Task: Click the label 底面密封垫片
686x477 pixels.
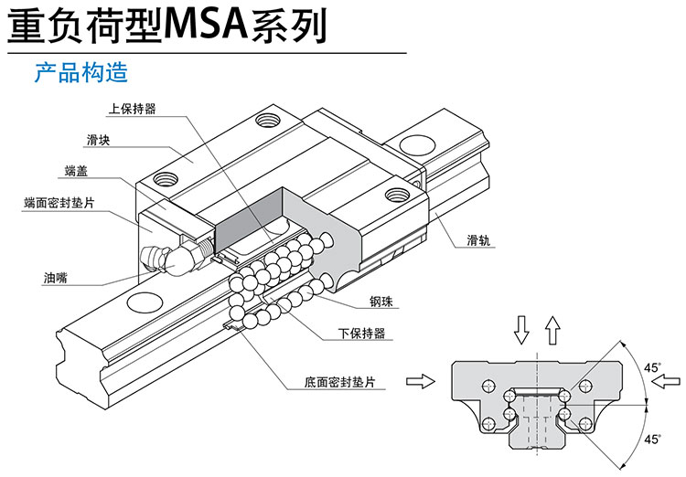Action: (x=340, y=384)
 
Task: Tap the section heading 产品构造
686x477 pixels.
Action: (x=80, y=72)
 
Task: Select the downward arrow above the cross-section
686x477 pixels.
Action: (x=521, y=329)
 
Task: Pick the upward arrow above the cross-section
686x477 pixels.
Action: (x=552, y=329)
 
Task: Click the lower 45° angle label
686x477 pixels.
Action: (x=652, y=439)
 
